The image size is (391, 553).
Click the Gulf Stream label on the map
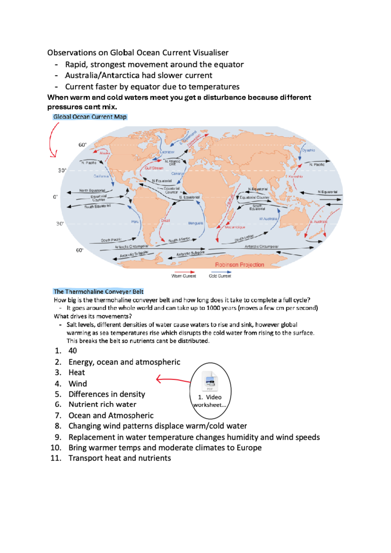[154, 168]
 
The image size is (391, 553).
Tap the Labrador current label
[167, 152]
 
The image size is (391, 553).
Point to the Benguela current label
[195, 223]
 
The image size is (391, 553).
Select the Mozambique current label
[235, 227]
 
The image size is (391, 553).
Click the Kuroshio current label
[296, 176]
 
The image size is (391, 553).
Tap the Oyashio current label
[308, 150]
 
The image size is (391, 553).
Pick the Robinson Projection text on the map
[239, 264]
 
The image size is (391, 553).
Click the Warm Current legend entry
[184, 276]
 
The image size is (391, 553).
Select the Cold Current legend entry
[220, 276]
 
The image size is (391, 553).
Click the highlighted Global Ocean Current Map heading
[90, 117]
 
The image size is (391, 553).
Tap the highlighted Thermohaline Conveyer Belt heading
[98, 291]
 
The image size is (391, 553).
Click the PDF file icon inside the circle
[210, 380]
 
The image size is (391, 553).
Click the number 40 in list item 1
[73, 351]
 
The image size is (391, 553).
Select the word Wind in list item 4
[78, 384]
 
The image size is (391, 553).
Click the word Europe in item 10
[249, 448]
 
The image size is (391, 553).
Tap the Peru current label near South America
[135, 222]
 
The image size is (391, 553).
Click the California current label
[101, 176]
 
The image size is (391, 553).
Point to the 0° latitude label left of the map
[55, 197]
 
